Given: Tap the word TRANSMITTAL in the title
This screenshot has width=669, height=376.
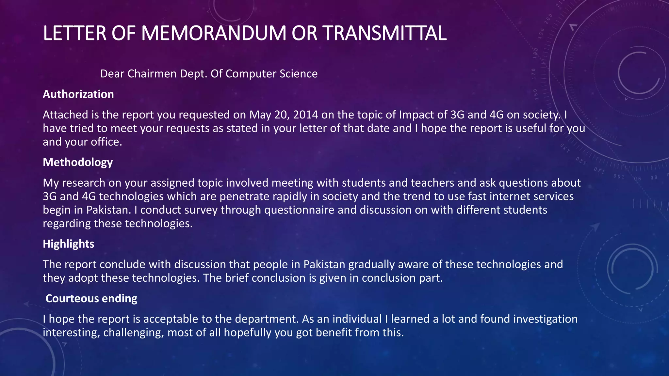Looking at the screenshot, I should click(x=384, y=33).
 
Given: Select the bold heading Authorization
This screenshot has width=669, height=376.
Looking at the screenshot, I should click(x=78, y=94).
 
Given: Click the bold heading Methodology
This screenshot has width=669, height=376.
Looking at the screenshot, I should click(x=78, y=162).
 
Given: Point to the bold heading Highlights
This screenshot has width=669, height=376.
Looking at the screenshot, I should click(x=69, y=244).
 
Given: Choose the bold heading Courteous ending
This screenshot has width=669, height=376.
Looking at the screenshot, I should click(x=91, y=298).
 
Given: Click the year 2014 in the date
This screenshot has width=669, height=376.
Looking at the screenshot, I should click(x=305, y=115).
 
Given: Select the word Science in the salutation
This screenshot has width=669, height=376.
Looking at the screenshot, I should click(x=301, y=74).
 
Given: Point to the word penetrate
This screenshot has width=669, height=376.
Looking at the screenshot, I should click(x=244, y=196).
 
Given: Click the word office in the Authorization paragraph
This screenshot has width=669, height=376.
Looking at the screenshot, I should click(x=105, y=142).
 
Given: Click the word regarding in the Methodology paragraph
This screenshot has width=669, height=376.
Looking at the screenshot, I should click(x=67, y=224).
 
